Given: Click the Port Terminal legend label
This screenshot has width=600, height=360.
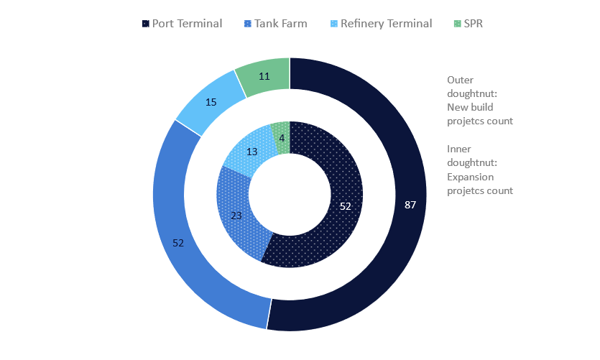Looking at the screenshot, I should coord(187,24).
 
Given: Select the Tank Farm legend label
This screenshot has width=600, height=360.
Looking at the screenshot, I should coord(280,24).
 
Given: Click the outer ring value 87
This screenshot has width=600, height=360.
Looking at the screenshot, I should coord(410,205).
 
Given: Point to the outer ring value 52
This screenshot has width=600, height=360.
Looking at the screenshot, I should coord(178,243).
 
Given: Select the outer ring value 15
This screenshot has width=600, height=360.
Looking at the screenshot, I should coord(211,102).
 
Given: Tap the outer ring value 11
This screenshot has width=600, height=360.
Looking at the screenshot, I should coord(264,76).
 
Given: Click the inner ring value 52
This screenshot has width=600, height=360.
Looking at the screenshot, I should coord(346,206).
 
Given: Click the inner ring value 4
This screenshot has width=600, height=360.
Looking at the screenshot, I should coord(282,138).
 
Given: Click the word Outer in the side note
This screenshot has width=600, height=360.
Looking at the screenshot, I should coord(461,80).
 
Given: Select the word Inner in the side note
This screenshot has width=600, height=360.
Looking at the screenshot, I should coord(460,149).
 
